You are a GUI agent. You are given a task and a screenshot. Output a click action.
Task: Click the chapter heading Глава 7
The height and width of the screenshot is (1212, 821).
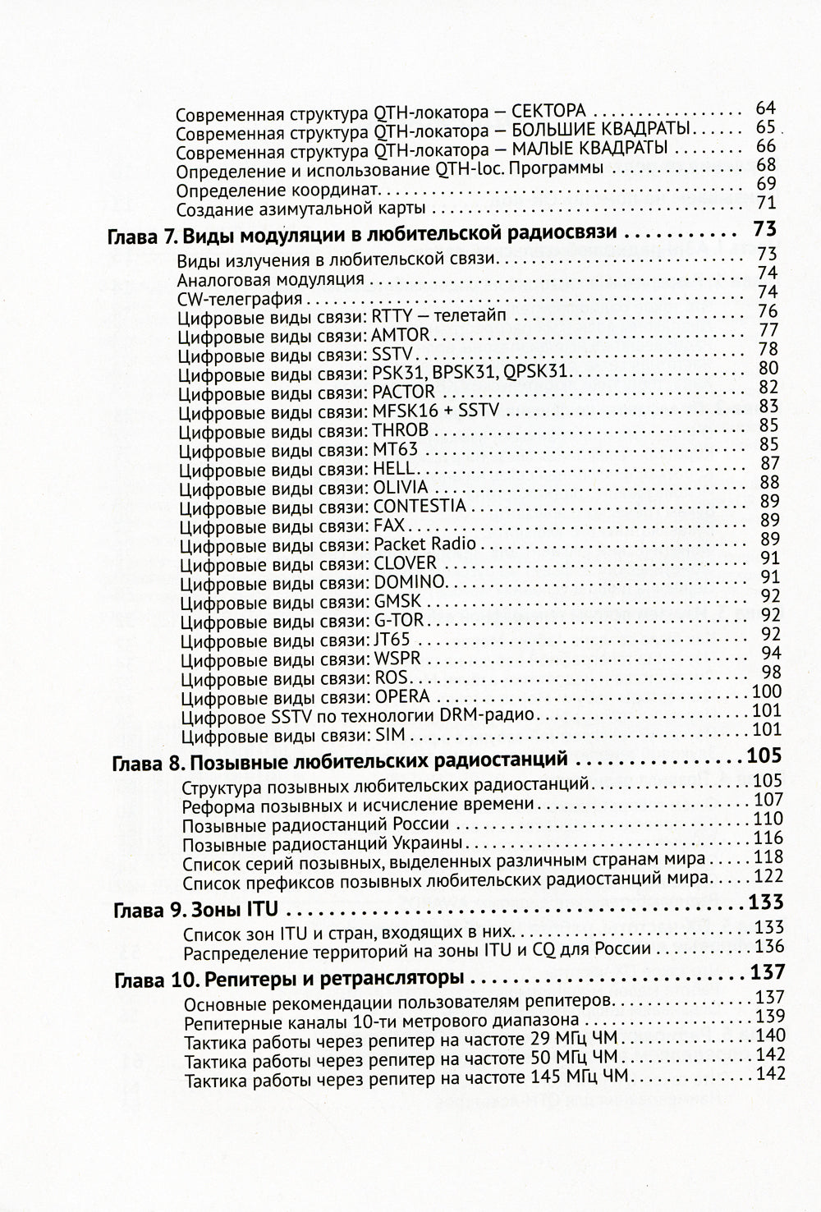[x=362, y=236]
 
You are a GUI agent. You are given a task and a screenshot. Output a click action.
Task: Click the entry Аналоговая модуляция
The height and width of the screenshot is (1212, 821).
[x=270, y=278]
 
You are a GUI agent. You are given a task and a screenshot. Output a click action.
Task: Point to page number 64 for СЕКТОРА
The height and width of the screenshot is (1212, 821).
[x=765, y=108]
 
